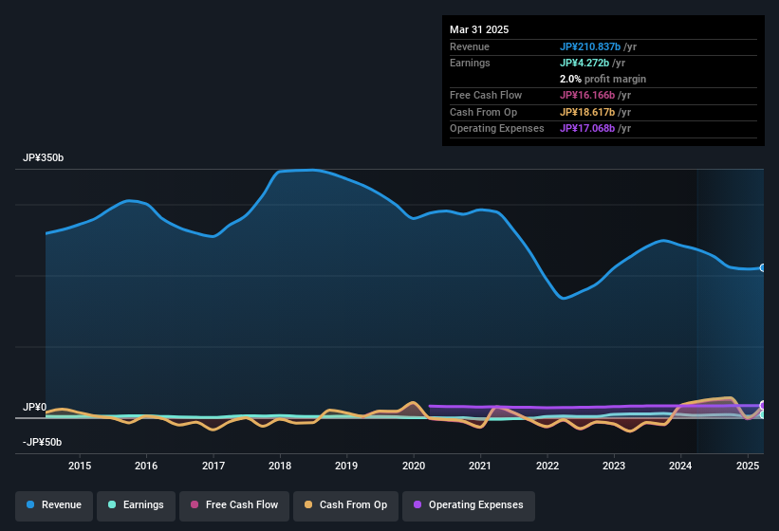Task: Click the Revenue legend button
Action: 55,504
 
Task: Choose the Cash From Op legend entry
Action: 344,504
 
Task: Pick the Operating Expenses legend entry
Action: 469,504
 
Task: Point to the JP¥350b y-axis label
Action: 44,158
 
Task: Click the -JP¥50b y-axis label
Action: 43,443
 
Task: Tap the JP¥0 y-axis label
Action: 34,408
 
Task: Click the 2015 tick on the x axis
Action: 80,466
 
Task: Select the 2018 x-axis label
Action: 280,466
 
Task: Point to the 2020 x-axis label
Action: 414,466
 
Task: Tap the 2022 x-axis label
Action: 547,466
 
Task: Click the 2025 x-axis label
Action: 748,466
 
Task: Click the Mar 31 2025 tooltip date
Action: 479,29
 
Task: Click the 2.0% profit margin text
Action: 603,79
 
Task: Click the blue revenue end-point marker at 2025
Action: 763,268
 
